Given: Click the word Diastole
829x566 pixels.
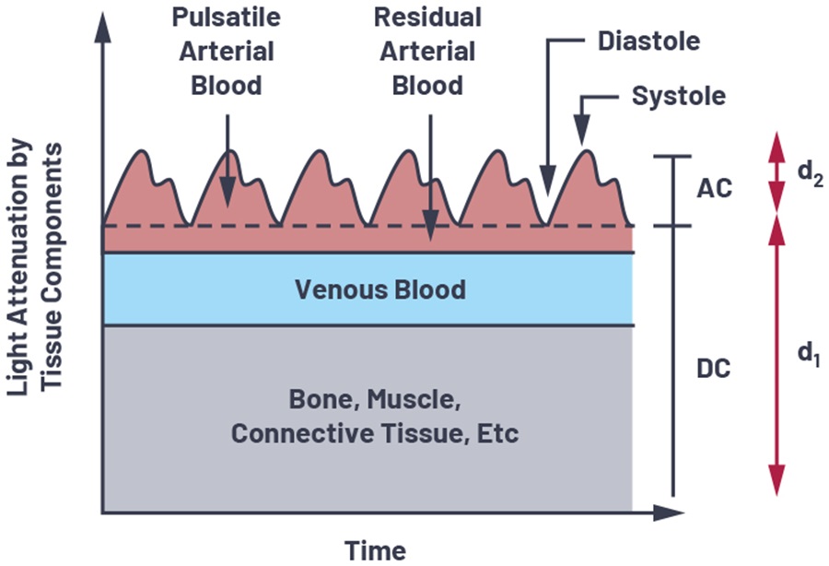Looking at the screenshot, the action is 648,41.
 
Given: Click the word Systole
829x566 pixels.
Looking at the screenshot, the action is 678,97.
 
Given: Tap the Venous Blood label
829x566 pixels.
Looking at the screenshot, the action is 380,289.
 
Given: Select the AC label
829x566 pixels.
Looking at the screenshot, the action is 714,188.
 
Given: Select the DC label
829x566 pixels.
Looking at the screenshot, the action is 713,368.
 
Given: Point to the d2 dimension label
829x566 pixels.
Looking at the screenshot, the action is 810,173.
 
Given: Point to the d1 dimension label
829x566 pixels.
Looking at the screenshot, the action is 809,353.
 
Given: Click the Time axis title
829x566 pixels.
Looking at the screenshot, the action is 376,550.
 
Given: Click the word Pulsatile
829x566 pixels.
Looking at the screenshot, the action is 227,18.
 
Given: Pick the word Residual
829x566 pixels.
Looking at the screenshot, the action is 427,18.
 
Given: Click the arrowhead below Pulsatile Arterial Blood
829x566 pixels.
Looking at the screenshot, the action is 228,191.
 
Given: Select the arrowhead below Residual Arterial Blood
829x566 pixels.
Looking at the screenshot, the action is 430,225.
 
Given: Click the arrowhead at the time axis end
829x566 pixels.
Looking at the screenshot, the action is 669,512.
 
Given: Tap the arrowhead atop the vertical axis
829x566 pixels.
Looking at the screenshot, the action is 102,27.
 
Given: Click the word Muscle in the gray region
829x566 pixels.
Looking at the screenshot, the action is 413,399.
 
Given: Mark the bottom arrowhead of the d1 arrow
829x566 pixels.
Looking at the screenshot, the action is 776,480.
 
